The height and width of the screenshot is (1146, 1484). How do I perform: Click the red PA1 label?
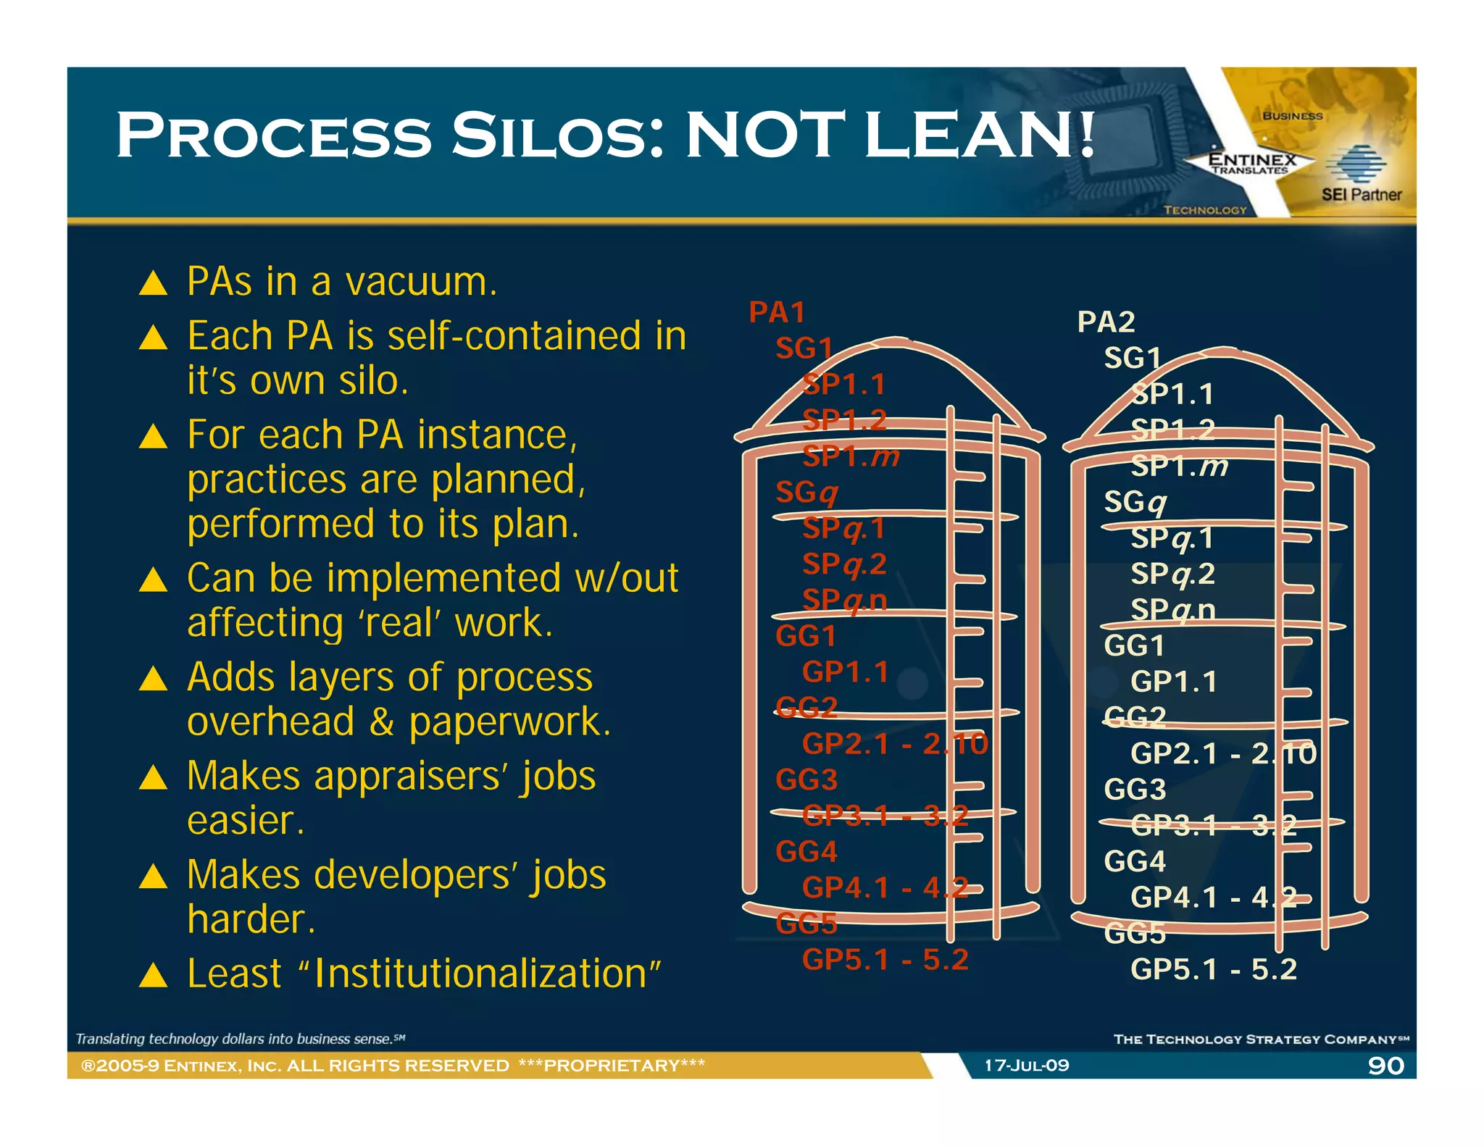click(777, 312)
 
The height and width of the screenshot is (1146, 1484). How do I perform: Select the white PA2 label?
click(1106, 322)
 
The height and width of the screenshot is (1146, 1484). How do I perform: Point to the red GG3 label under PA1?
click(806, 779)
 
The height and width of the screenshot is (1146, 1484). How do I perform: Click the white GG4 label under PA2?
click(1135, 861)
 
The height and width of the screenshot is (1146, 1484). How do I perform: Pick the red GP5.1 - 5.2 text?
click(885, 959)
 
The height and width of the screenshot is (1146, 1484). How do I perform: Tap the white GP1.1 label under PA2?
click(1174, 682)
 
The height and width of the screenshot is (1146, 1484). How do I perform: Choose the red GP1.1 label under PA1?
click(845, 672)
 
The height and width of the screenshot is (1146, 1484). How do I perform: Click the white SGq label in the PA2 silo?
click(1135, 502)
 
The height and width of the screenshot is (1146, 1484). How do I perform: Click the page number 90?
click(1385, 1066)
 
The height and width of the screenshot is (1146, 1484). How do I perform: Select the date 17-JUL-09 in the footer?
click(1026, 1066)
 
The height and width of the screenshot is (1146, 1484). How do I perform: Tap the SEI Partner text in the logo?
click(1361, 195)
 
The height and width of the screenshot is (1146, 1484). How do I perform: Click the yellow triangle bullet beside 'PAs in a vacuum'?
click(153, 283)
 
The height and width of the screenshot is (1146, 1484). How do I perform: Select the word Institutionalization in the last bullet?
click(480, 973)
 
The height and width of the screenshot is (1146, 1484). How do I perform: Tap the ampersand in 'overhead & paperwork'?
click(381, 722)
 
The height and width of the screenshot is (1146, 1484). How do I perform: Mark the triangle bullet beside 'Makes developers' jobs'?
click(153, 877)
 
